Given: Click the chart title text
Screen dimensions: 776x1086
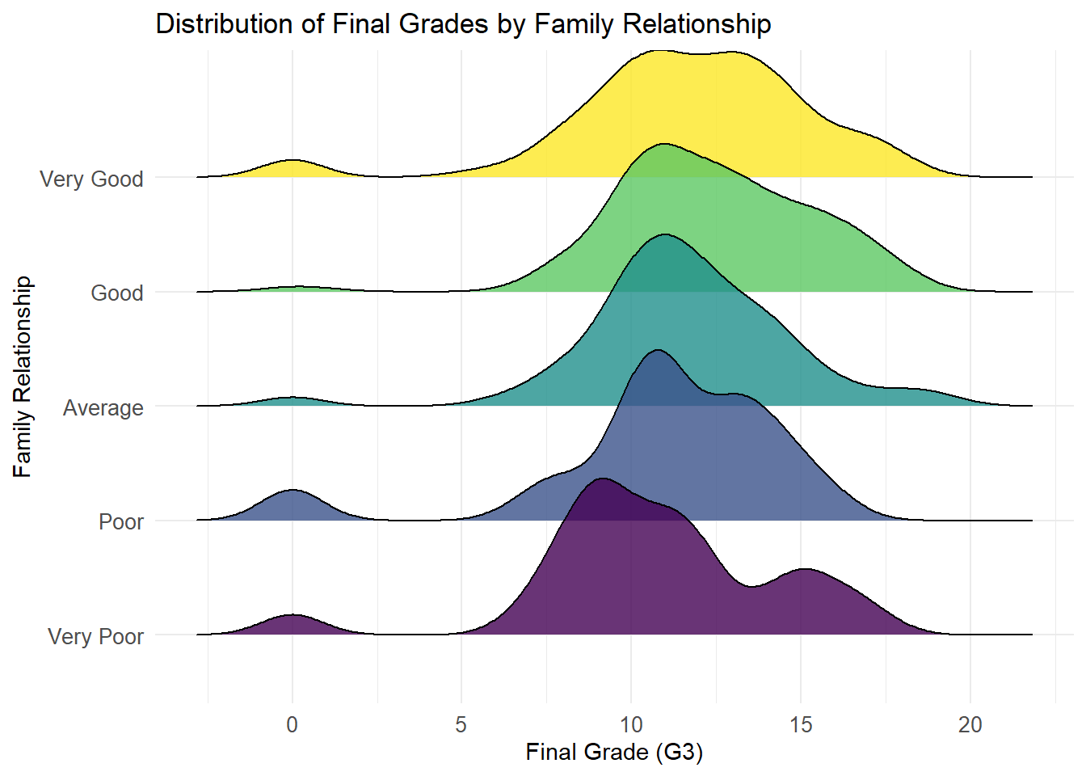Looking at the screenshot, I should (463, 24).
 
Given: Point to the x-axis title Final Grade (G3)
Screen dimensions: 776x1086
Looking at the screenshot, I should (614, 753).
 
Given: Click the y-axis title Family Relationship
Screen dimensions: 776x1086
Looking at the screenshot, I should (23, 377).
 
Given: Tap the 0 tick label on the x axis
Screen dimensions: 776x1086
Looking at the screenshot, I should (292, 725).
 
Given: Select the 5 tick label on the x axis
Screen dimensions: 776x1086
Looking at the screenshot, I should (461, 725).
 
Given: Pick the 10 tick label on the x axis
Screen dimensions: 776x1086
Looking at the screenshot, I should (631, 725).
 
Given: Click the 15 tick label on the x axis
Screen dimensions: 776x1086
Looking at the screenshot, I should (801, 725).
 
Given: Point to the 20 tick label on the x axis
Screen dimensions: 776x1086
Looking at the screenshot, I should (970, 725).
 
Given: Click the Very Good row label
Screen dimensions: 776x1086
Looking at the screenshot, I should (91, 179).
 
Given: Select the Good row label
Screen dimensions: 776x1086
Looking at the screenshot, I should (117, 293).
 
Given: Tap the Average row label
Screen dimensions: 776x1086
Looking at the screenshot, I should (103, 408).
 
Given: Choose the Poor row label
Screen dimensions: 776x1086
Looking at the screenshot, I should (121, 522).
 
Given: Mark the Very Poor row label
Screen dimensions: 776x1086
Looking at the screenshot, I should (95, 637).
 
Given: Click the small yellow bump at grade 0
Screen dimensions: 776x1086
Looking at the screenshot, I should (292, 169).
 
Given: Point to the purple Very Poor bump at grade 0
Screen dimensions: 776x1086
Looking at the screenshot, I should (292, 625).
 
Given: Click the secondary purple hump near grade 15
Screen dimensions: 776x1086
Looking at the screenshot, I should (805, 598).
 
